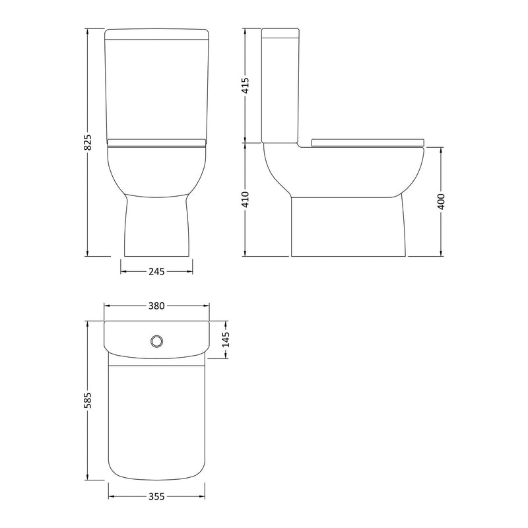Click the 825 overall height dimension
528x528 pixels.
(87, 143)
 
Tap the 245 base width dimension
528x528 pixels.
(156, 271)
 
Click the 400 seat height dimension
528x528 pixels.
(441, 201)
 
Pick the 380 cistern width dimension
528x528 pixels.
(156, 306)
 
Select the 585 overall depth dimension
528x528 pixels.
(87, 401)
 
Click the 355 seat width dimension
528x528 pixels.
(156, 496)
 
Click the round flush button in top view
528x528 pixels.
(156, 341)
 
